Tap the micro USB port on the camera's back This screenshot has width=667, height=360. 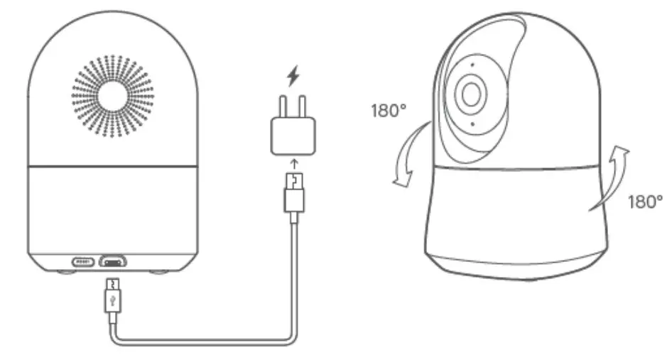(x=112, y=261)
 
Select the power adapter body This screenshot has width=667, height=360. (x=291, y=136)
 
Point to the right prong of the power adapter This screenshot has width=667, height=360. (x=301, y=105)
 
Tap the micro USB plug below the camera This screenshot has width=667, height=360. (x=113, y=297)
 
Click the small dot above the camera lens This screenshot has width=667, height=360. (x=472, y=65)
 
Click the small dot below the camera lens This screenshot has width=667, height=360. (x=473, y=124)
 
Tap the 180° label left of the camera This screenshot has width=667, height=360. (x=389, y=111)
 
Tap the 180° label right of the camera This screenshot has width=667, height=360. (x=644, y=202)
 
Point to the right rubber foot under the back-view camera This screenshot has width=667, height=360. (x=161, y=272)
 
